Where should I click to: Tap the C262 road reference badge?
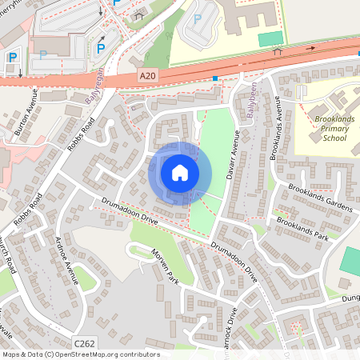84,342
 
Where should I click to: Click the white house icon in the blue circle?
180,172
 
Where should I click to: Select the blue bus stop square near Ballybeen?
215,78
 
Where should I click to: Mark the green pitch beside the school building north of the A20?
270,38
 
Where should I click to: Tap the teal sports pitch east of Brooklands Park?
350,260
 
